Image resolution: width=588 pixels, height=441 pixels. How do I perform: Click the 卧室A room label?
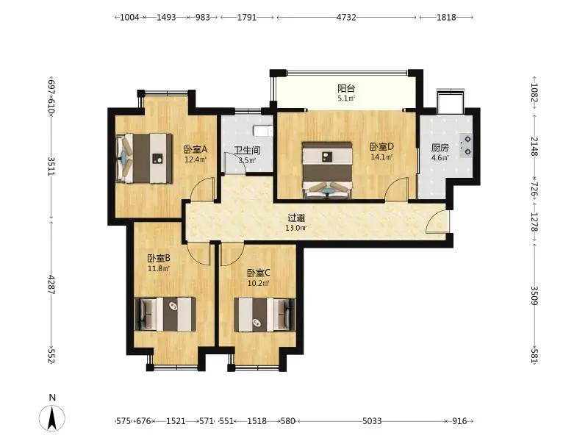pos(196,150)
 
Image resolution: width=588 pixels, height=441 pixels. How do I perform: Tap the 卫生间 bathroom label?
pos(247,151)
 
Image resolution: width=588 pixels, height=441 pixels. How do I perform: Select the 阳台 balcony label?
pos(346,88)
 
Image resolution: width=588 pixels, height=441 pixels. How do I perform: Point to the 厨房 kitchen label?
pos(440,148)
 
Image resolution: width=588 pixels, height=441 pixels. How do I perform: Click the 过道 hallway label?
pos(296,218)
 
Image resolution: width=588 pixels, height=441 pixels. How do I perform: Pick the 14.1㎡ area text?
pos(381,157)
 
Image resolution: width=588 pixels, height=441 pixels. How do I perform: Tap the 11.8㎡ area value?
pos(158,268)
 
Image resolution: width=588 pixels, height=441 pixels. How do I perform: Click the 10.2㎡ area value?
pos(259,283)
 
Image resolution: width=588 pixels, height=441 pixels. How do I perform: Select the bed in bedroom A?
pos(144,159)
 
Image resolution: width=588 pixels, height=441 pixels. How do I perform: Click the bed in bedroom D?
pos(327,170)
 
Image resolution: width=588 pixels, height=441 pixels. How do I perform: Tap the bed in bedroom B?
pos(165,314)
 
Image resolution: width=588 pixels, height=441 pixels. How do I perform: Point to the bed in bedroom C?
pos(265,315)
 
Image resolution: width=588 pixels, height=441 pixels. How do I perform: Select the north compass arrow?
pos(52,417)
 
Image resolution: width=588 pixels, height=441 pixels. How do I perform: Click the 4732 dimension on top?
pos(346,17)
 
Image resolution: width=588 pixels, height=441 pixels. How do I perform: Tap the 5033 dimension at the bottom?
pos(372,421)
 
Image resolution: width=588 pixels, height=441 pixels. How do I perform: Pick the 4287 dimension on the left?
pos(51,284)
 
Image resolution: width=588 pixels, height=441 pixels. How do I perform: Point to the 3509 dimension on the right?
pos(534,295)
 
